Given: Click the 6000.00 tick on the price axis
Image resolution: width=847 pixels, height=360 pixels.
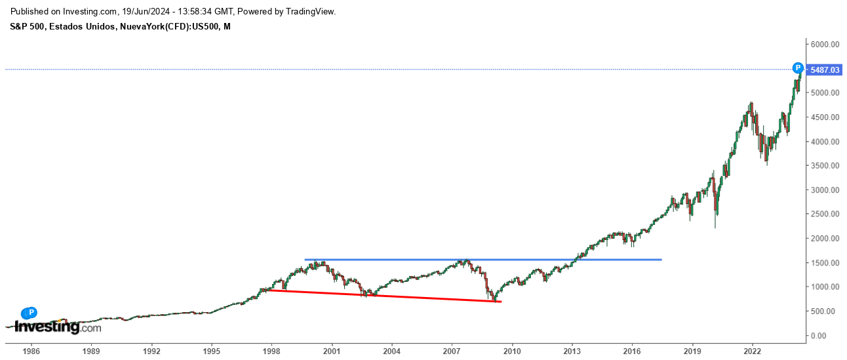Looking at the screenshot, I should pyautogui.click(x=824, y=45).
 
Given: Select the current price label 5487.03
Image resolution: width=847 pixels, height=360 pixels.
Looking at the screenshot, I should pyautogui.click(x=824, y=70).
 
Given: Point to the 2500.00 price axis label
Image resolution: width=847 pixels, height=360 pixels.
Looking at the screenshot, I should pyautogui.click(x=824, y=214).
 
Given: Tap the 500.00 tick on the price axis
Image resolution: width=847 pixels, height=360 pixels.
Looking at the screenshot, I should pyautogui.click(x=824, y=311).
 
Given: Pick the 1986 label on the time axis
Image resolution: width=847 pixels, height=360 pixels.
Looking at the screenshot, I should pyautogui.click(x=31, y=351).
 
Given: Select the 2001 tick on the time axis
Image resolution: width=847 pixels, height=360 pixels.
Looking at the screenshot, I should pyautogui.click(x=332, y=351).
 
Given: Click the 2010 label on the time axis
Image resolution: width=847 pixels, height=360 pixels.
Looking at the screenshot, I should pyautogui.click(x=512, y=351).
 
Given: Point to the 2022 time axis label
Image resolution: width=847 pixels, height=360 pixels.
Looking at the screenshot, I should pyautogui.click(x=752, y=351).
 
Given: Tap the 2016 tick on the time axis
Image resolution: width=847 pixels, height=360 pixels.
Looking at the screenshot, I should pyautogui.click(x=632, y=351).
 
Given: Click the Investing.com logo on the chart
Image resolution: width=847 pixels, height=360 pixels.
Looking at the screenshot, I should pyautogui.click(x=57, y=327).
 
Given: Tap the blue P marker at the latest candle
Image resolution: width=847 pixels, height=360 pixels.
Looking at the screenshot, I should pyautogui.click(x=798, y=68).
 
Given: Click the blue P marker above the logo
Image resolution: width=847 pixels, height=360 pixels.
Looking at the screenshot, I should pyautogui.click(x=31, y=313).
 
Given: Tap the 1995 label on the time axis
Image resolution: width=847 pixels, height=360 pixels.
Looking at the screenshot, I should pyautogui.click(x=211, y=351).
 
